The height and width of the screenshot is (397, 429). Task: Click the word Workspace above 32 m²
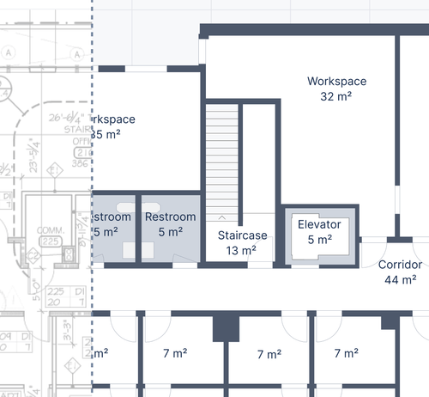pos(337,82)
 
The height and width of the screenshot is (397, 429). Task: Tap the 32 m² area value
pos(337,97)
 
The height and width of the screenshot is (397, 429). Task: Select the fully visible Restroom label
pos(170,217)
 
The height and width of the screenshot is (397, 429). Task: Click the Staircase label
pos(242,235)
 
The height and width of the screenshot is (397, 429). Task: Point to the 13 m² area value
pos(242,251)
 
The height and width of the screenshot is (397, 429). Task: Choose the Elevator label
pos(319,225)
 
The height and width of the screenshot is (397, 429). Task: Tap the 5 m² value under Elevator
pos(319,241)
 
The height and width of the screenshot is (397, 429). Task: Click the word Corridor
pos(400,265)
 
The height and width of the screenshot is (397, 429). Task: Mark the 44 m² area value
pos(400,280)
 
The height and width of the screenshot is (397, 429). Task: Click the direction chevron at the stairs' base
pos(222,218)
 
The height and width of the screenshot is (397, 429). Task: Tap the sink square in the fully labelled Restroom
pos(148,250)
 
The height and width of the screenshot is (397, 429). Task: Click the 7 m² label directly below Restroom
pos(175,352)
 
